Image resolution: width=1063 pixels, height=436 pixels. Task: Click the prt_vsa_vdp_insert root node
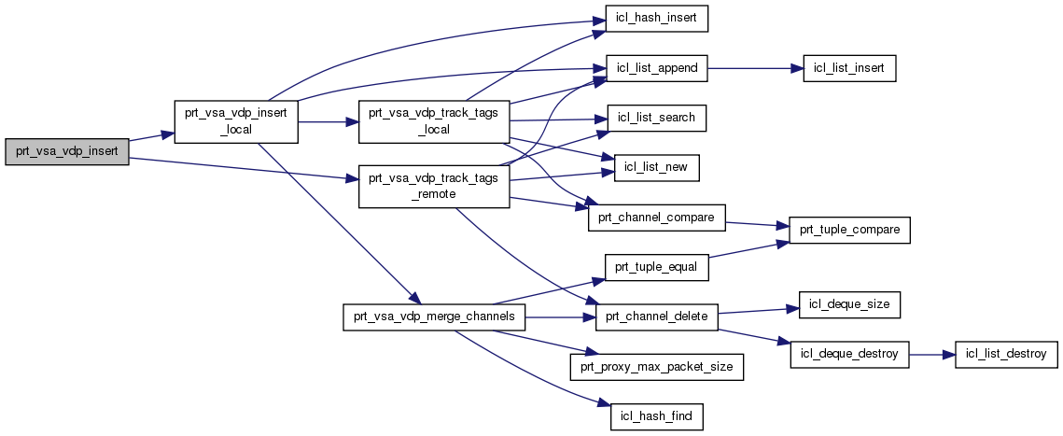[65, 151]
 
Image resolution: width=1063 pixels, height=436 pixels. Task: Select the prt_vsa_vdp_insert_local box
[237, 121]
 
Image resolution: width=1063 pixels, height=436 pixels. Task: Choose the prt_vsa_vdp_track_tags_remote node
[433, 187]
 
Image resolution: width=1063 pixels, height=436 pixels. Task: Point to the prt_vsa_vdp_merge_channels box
[435, 318]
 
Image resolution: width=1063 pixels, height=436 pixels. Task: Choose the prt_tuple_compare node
[849, 230]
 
